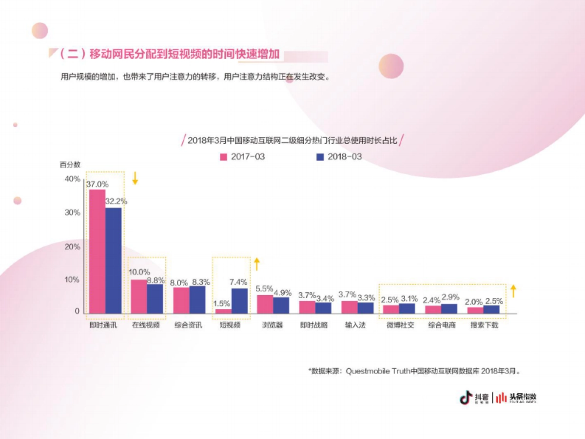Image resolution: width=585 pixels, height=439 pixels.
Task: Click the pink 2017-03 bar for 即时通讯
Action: (97, 251)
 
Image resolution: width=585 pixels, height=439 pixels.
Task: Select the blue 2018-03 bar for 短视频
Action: (239, 301)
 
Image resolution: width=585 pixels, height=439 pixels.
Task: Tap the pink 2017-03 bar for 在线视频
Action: (139, 297)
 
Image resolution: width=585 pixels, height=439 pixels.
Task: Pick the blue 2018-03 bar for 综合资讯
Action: (197, 299)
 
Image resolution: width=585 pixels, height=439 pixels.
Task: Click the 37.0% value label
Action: (97, 184)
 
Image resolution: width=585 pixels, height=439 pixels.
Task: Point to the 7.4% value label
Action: (239, 282)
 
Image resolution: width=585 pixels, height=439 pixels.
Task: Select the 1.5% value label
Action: (222, 303)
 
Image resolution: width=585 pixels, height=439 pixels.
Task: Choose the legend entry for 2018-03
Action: (339, 157)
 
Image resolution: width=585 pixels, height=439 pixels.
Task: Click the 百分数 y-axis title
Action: (70, 165)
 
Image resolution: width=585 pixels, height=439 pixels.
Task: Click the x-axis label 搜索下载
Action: (484, 325)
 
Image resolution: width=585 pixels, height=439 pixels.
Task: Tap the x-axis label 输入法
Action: (355, 325)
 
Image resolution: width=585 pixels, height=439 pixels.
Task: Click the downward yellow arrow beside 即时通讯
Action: (136, 178)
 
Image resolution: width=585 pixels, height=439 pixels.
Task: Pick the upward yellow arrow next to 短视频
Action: (257, 264)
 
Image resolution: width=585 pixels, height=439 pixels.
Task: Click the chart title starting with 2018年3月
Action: (292, 141)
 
